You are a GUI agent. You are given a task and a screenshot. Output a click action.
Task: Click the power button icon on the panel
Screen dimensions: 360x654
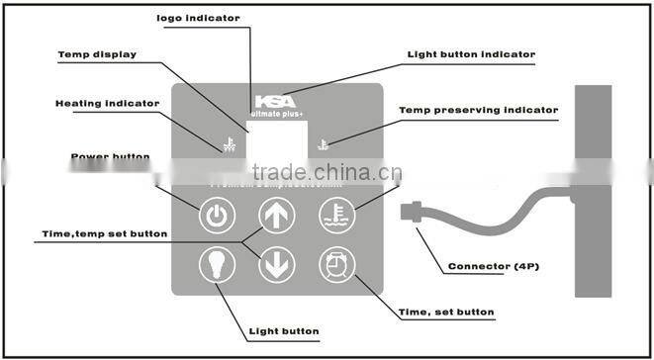click(x=218, y=215)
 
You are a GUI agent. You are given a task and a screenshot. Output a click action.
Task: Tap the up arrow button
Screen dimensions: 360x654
click(x=276, y=215)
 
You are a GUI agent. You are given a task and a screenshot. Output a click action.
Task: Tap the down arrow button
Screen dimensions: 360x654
click(x=276, y=264)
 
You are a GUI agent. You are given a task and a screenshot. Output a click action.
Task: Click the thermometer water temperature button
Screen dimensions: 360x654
click(x=336, y=215)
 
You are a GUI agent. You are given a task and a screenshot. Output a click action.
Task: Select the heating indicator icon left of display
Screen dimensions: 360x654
click(x=229, y=144)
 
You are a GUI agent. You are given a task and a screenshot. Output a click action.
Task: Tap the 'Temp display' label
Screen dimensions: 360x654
click(x=97, y=54)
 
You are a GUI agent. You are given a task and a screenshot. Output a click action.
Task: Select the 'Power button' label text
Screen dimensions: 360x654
click(x=111, y=156)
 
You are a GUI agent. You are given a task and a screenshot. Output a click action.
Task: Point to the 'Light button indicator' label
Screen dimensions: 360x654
click(x=472, y=53)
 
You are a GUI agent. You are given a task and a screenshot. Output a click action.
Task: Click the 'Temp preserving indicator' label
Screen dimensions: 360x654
click(x=478, y=109)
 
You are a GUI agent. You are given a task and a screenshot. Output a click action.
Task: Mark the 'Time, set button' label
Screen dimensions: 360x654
click(x=445, y=313)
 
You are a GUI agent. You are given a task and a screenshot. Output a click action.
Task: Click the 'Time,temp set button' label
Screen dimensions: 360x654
click(x=104, y=233)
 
